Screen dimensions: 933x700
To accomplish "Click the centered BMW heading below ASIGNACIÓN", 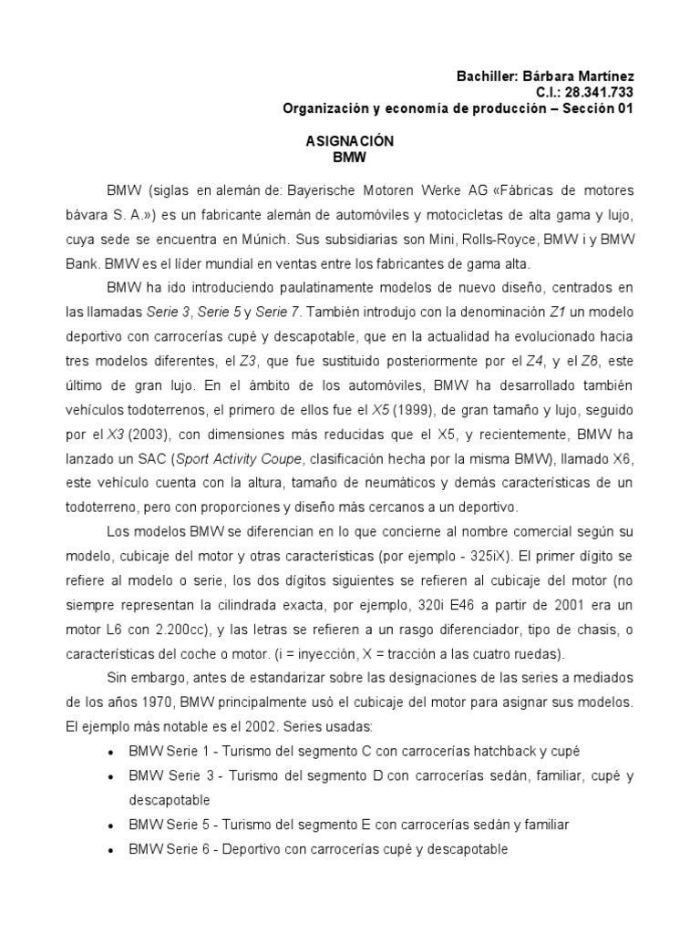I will [x=349, y=157].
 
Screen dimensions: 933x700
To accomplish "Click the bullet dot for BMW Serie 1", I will [x=110, y=752].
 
